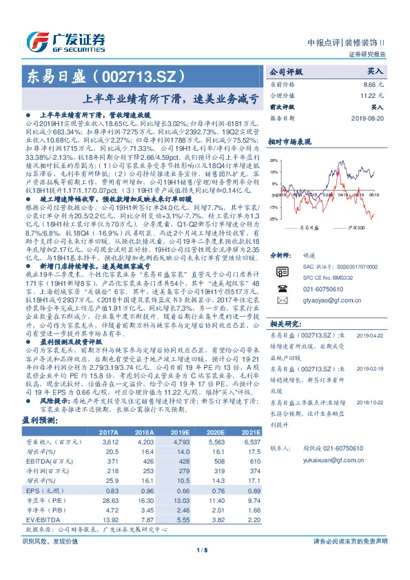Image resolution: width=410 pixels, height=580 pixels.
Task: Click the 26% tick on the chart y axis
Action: pos(274,160)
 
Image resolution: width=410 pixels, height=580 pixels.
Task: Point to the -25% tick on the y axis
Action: pos(274,218)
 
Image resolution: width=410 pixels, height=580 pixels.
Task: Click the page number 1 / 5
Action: pos(204,568)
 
